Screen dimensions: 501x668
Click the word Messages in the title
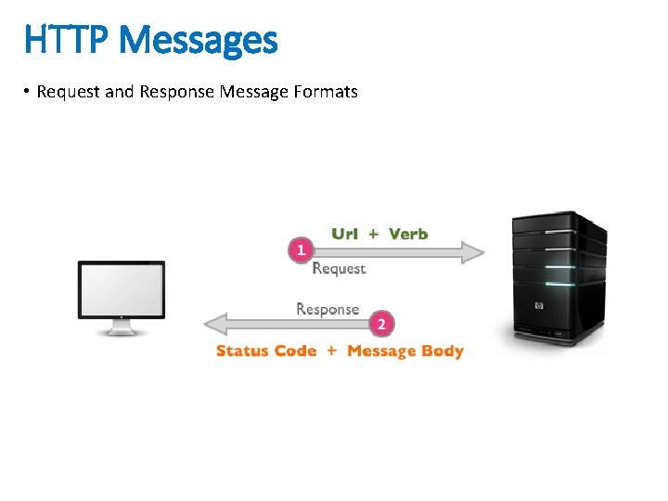198,41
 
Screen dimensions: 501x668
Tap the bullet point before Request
28,92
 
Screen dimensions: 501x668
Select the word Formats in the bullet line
325,92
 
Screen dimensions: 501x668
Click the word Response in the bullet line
176,92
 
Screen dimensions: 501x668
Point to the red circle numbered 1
301,250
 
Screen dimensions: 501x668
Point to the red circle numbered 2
381,325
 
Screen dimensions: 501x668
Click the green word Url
344,234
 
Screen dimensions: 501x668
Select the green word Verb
408,234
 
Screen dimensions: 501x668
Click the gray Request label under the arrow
339,269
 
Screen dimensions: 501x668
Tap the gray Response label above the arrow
328,308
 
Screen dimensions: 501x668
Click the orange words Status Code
266,351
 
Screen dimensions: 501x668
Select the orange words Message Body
405,351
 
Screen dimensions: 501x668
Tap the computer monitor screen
122,289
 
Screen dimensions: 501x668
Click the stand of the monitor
122,328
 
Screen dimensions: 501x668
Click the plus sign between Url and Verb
373,234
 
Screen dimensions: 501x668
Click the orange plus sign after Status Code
331,351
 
